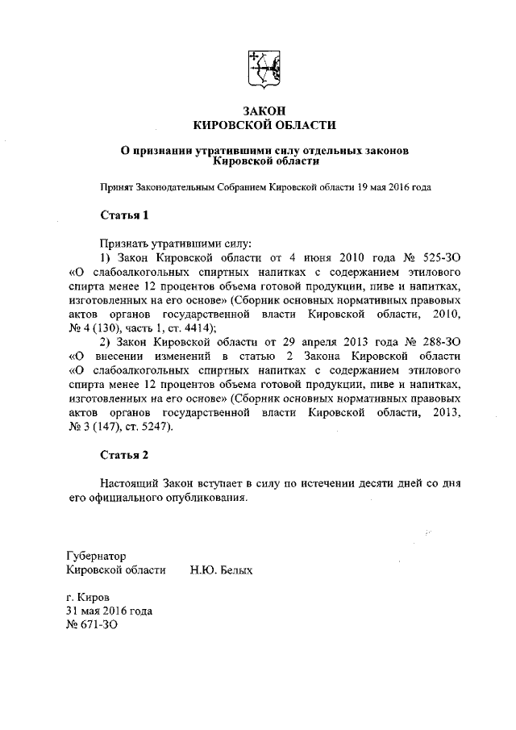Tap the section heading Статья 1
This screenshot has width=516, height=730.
[124, 215]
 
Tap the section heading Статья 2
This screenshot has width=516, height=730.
[124, 455]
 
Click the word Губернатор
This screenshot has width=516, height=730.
[96, 556]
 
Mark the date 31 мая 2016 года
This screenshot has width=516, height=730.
[109, 611]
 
